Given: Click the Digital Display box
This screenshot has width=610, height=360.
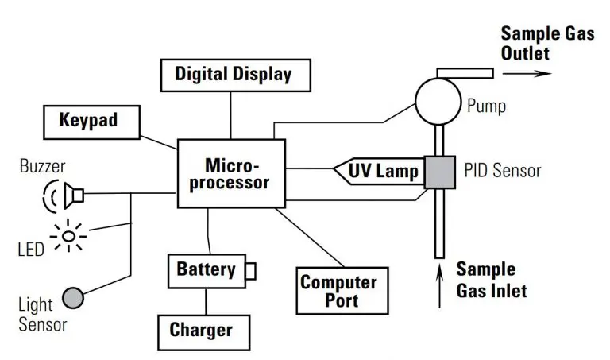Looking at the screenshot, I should (x=233, y=75).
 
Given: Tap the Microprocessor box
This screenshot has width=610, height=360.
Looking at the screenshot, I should (x=231, y=173).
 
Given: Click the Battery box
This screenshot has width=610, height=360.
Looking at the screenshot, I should (x=207, y=269).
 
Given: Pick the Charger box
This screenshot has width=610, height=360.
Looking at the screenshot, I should (x=202, y=330).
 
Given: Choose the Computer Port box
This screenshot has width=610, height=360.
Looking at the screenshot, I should (x=338, y=291).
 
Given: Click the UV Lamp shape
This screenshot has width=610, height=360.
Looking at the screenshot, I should (x=377, y=170).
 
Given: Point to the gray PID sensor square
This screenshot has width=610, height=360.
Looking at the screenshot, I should (x=439, y=172).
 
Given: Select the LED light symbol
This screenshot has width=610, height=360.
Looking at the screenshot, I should (x=70, y=235).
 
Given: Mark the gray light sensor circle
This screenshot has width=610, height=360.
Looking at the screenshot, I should (x=72, y=297).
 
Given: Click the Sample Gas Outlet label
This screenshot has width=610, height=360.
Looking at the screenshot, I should (x=536, y=44).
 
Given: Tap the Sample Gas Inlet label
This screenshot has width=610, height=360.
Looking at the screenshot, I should (x=490, y=280).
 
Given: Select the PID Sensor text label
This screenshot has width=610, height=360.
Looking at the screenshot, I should (x=502, y=170).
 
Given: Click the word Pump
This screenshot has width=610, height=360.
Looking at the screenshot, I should (x=486, y=105).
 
